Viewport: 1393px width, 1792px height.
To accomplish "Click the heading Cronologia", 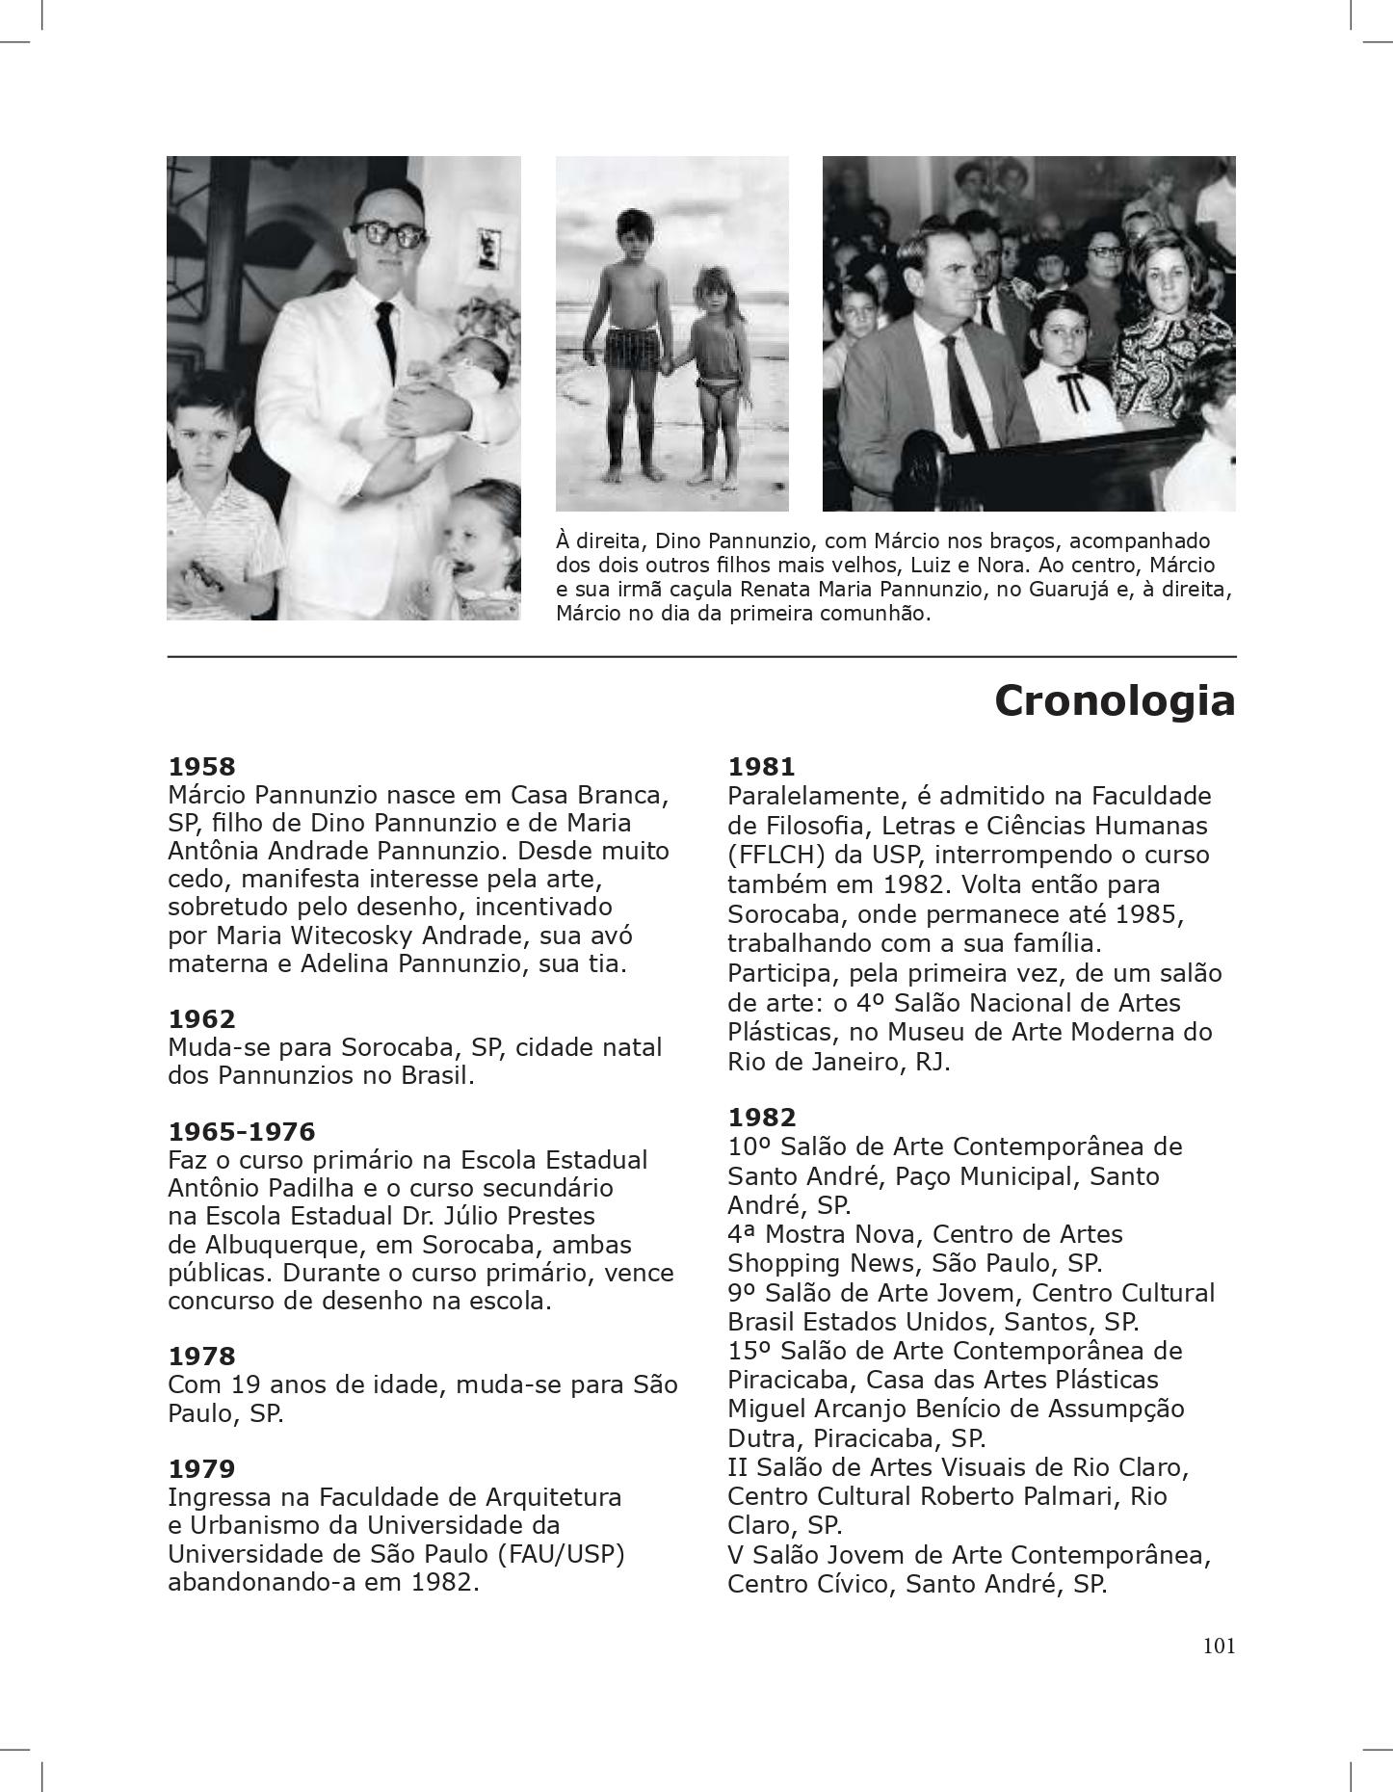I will click(x=1114, y=700).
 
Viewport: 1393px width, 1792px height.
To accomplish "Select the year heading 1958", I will click(x=201, y=767).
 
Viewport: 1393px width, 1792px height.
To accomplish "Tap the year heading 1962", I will click(x=201, y=1019).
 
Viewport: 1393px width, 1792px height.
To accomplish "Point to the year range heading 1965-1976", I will click(x=241, y=1131).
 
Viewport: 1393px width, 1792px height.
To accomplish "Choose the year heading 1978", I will click(x=201, y=1357).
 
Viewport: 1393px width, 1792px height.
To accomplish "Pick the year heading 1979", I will click(x=201, y=1469).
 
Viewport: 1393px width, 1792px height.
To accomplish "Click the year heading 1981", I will click(x=761, y=767).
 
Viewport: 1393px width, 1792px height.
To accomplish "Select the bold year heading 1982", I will click(x=761, y=1118).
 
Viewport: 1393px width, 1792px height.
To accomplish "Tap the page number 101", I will click(x=1218, y=1646).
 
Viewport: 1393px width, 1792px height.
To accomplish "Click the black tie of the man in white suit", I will click(x=385, y=337).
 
